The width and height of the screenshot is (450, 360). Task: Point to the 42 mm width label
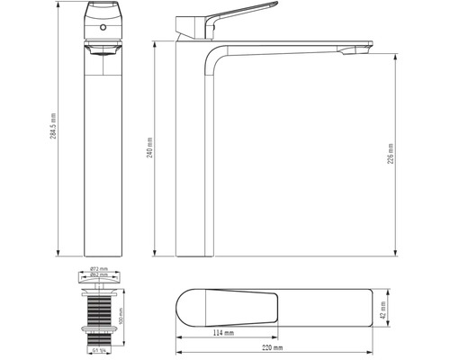coord(384,311)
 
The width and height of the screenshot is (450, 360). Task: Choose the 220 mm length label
coord(273,348)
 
